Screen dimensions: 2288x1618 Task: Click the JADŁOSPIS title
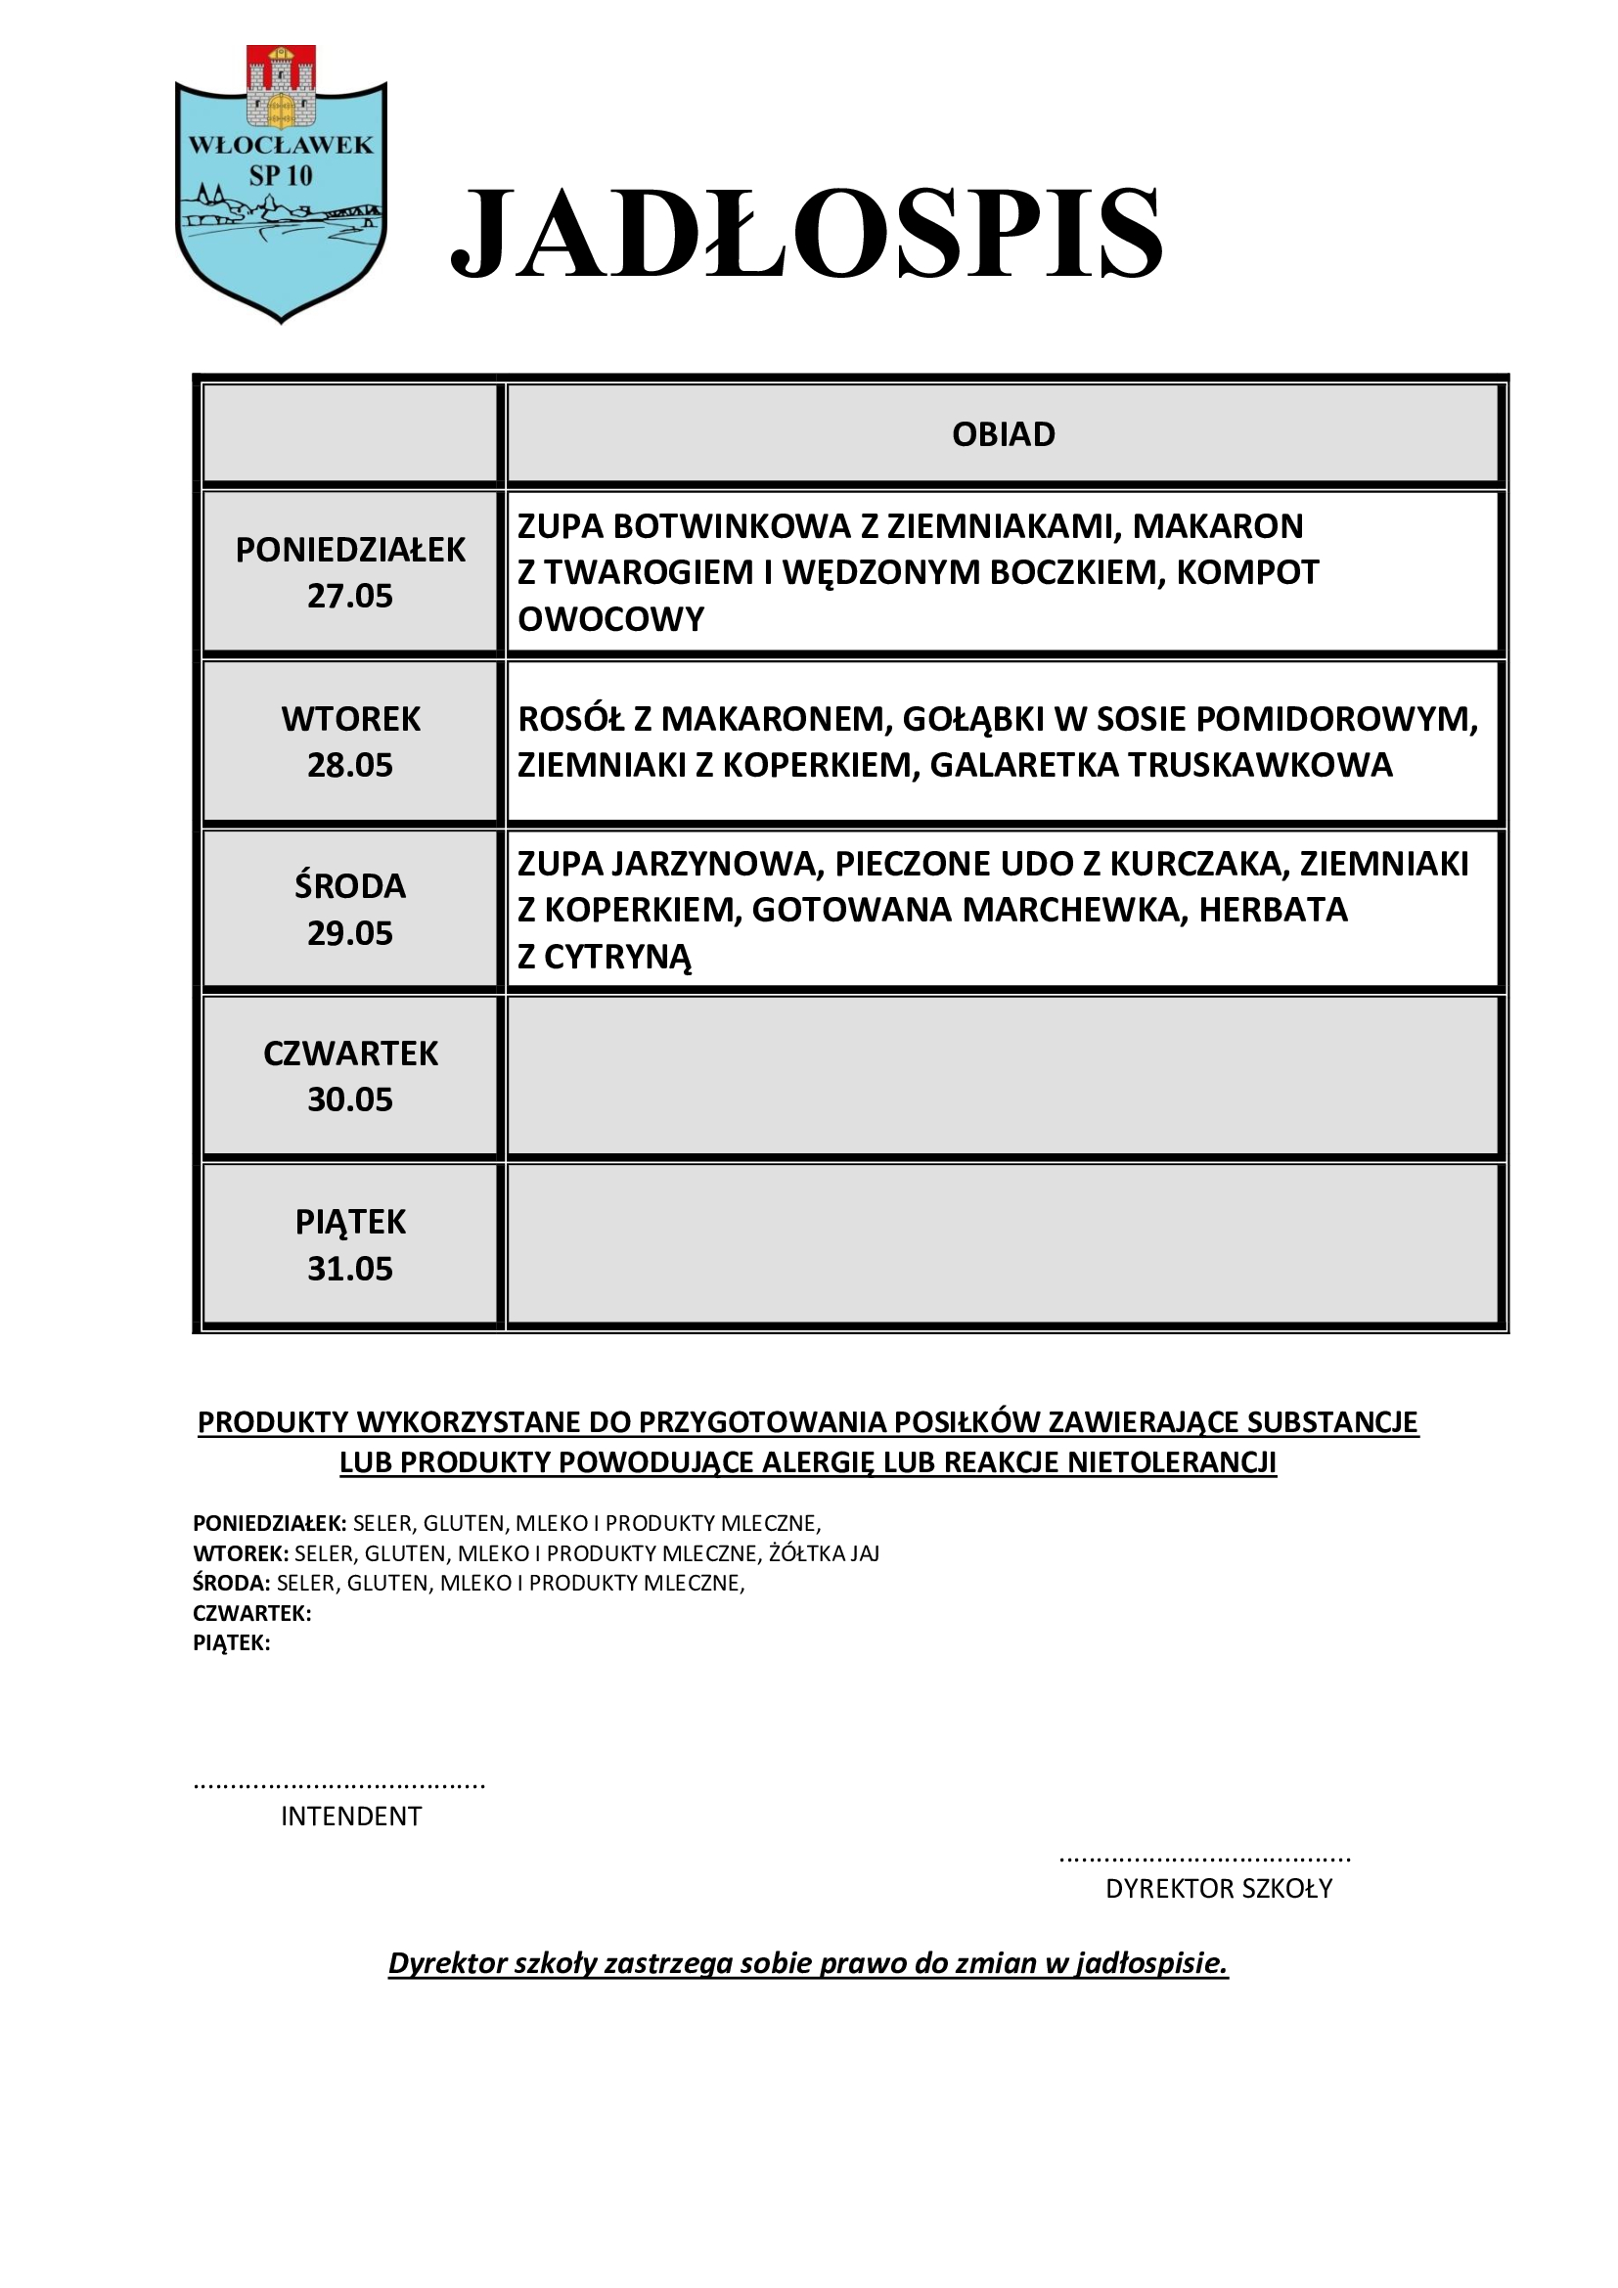click(807, 233)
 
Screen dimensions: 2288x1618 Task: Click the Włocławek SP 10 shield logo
click(281, 184)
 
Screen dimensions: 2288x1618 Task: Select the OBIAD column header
click(1004, 434)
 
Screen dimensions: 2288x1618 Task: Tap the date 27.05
click(349, 596)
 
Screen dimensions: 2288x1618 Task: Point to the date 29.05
click(349, 933)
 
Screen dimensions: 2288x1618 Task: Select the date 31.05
click(349, 1269)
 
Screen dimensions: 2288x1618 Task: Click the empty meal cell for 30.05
click(1004, 1076)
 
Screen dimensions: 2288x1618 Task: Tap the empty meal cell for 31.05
click(1004, 1244)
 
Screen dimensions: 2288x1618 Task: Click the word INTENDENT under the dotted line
click(351, 1816)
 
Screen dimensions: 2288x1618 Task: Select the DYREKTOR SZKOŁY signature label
click(1219, 1888)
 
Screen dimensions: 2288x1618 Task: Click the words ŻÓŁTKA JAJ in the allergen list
click(824, 1553)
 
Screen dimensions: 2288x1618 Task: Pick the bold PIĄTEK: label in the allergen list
click(231, 1643)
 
